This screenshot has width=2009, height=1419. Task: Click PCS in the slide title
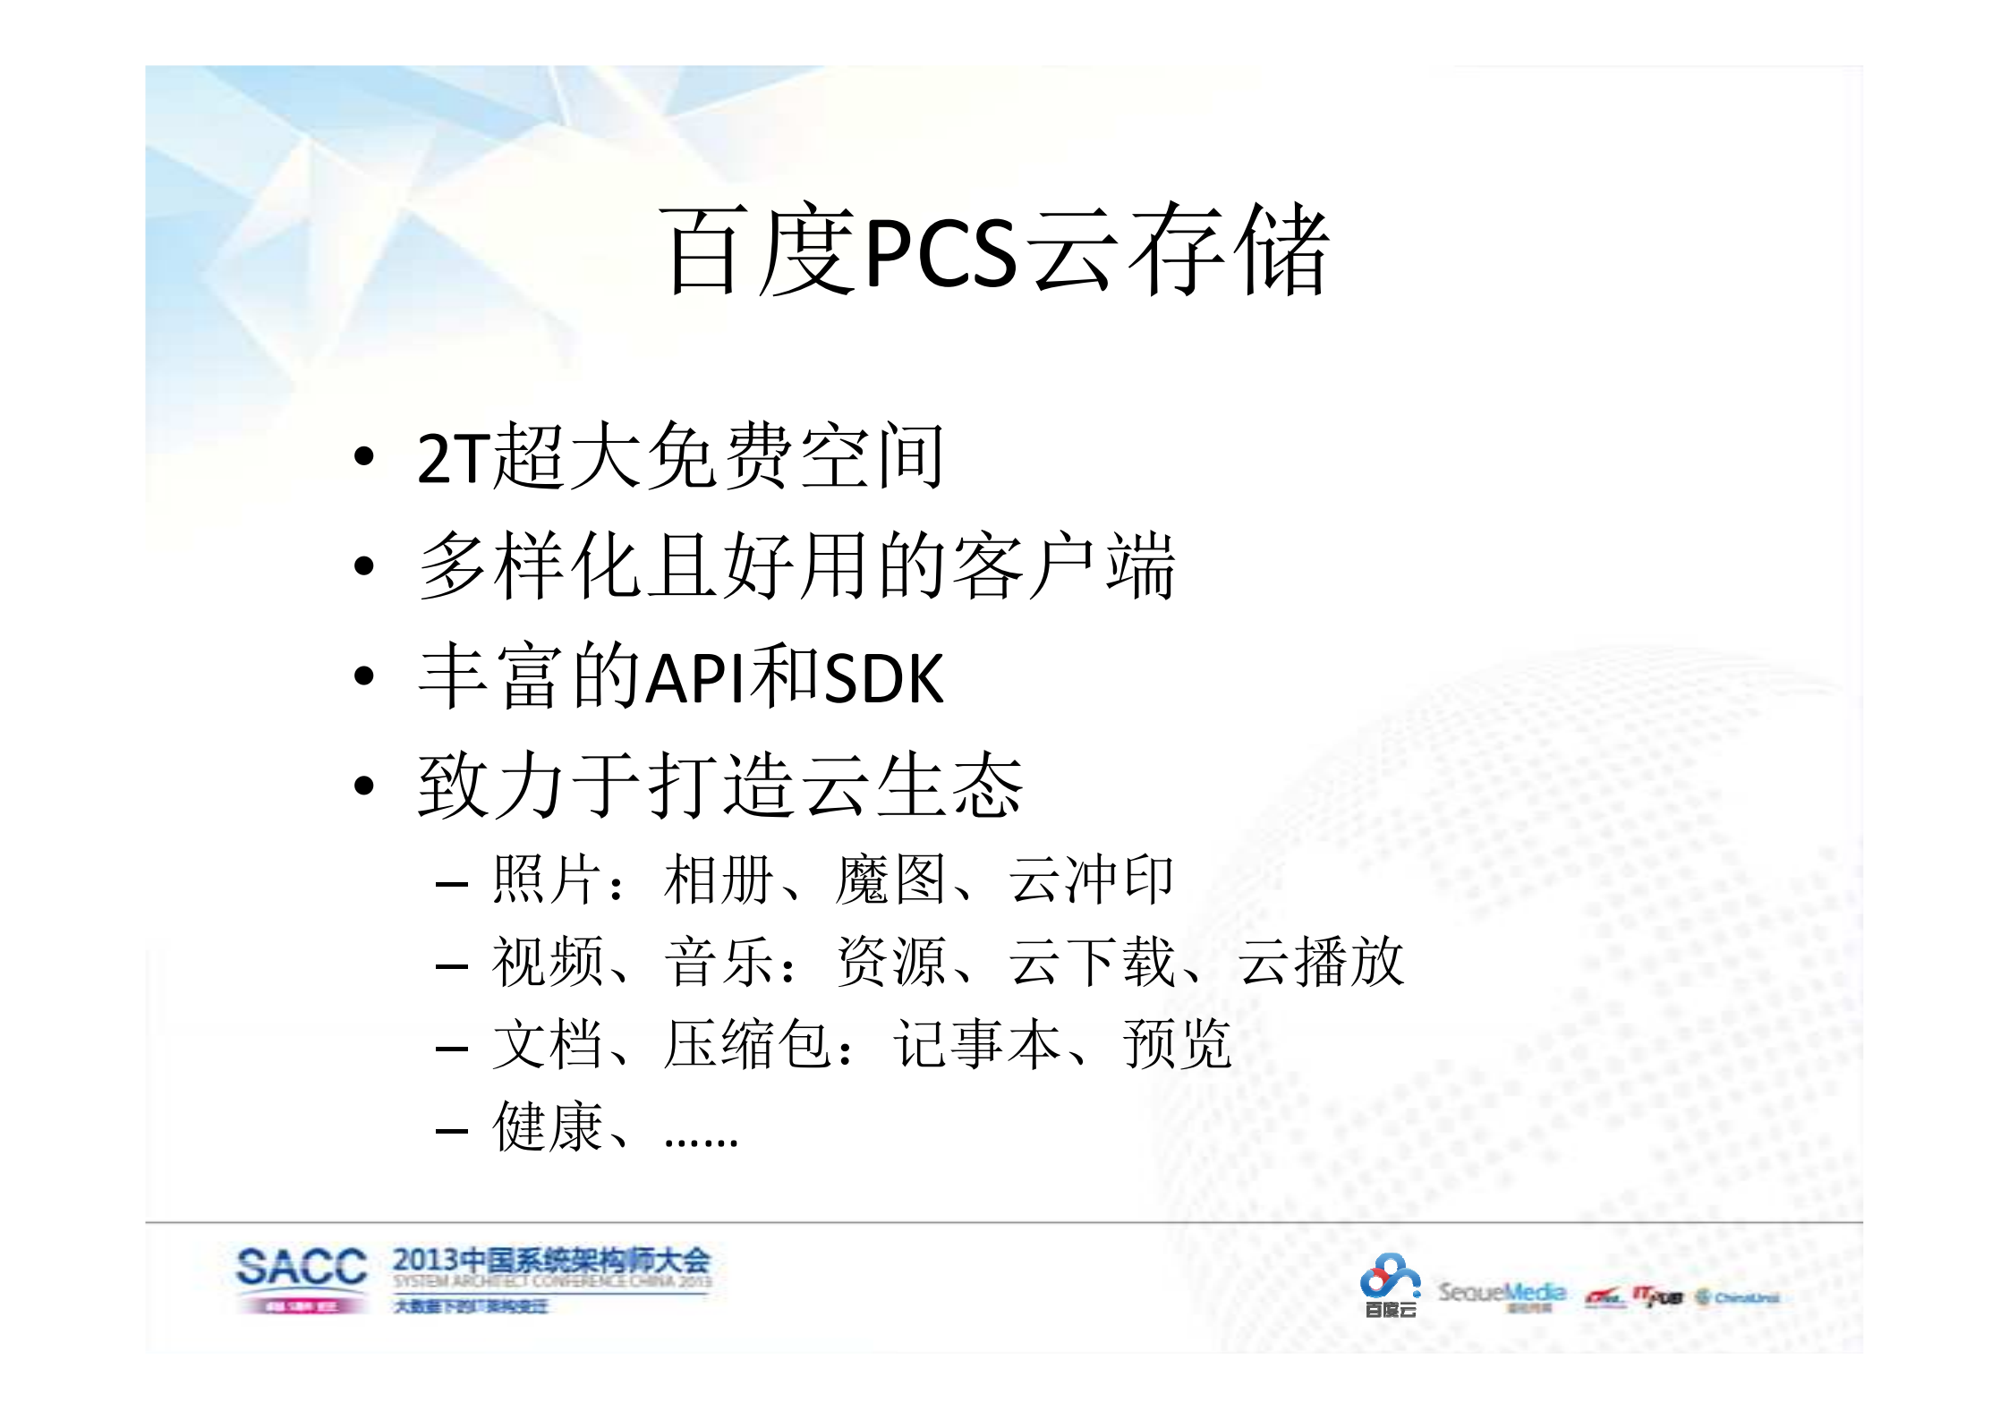tap(941, 253)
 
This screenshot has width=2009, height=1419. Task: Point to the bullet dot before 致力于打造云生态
tap(363, 786)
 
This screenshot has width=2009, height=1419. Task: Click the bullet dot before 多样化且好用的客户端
tap(363, 566)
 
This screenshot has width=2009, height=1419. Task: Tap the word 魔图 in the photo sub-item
tap(890, 879)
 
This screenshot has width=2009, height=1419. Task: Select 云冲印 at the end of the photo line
tap(1091, 879)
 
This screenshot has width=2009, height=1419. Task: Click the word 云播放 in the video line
tap(1321, 962)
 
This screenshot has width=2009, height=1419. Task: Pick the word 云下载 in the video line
tap(1091, 962)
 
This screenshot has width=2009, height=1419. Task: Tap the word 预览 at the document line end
tap(1177, 1044)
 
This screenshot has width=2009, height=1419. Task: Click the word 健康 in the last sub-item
tap(548, 1127)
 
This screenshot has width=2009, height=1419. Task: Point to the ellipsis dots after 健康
tap(701, 1142)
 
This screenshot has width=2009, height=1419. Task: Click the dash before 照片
tap(452, 885)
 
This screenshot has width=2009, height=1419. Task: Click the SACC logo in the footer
tap(301, 1277)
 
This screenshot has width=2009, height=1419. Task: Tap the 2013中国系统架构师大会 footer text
tap(550, 1261)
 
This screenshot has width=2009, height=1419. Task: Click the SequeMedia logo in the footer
tap(1502, 1294)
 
